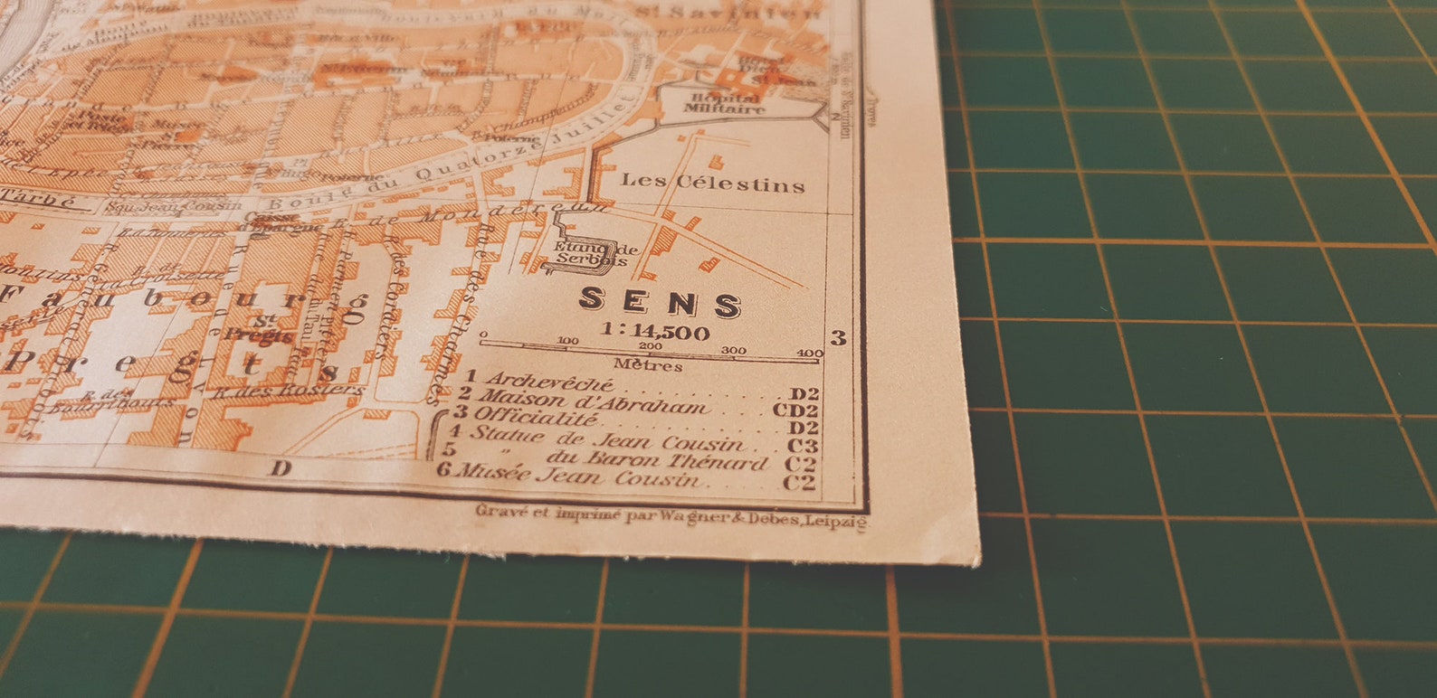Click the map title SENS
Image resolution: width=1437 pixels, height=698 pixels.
(660, 303)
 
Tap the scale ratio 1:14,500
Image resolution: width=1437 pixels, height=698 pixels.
(655, 332)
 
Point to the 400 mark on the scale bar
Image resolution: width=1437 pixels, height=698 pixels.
(809, 353)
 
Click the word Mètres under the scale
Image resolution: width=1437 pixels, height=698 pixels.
(648, 366)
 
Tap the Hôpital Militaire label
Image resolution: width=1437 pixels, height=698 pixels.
(724, 103)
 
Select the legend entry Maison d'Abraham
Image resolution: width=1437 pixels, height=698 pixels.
(593, 401)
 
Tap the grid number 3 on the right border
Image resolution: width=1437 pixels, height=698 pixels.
(839, 337)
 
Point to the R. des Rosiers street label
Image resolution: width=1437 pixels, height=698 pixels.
(289, 391)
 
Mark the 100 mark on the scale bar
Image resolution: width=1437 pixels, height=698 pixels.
(568, 341)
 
